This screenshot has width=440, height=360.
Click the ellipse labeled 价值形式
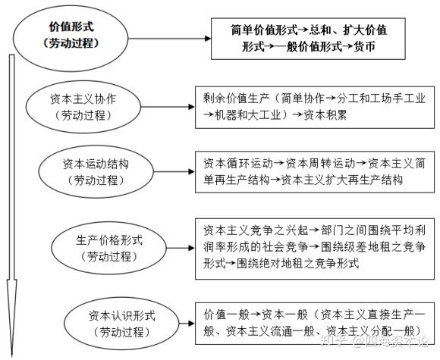tap(71, 8)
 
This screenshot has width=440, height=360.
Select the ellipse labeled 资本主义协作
tap(83, 83)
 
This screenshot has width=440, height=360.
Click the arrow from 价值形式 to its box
tap(169, 39)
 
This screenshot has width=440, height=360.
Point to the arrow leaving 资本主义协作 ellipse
tap(168, 107)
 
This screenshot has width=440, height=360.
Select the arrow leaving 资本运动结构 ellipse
tap(174, 171)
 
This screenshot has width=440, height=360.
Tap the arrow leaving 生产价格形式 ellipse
tap(181, 248)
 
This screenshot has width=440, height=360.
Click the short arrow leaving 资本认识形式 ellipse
tap(187, 324)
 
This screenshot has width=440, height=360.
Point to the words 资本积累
tap(325, 115)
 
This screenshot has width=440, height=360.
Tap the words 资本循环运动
tap(238, 164)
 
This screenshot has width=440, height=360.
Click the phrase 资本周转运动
tap(320, 164)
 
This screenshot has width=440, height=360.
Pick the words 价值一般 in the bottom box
tap(226, 315)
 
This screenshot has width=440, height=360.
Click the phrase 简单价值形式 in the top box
tap(264, 30)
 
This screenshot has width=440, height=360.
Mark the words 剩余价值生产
tap(237, 99)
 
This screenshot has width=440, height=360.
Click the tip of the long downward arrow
tap(12, 357)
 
